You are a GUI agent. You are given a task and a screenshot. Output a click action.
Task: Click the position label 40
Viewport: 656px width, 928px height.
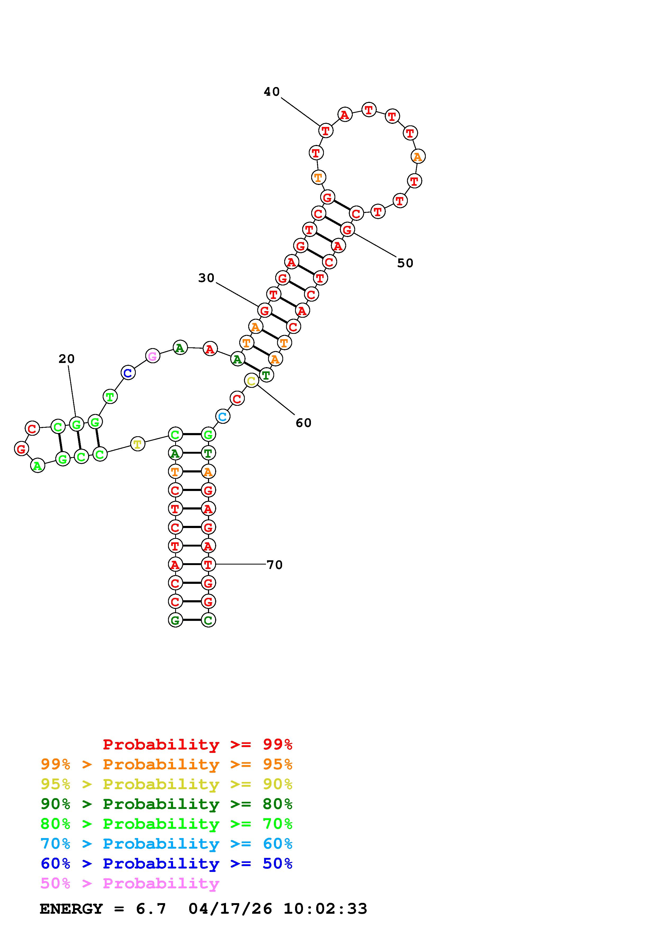coord(272,92)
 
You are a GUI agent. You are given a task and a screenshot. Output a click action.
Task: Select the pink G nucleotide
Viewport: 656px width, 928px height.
coord(152,356)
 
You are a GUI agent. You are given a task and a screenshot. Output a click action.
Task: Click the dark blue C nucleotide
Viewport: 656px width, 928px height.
coord(128,373)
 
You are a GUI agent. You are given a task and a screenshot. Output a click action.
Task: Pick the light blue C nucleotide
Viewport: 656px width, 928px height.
coord(223,416)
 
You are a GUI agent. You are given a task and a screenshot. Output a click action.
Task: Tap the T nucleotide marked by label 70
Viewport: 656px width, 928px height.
coord(208,564)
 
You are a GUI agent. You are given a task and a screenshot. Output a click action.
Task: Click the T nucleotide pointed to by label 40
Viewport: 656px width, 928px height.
coord(326,131)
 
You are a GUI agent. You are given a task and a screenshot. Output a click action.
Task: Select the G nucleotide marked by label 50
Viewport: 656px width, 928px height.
coord(347,230)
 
